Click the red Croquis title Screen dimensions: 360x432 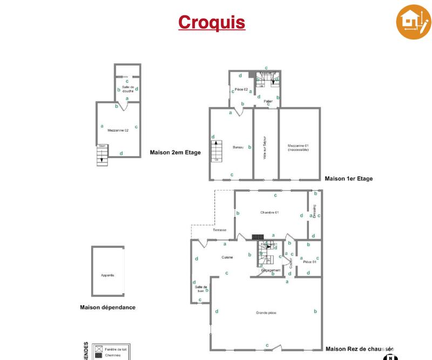pyautogui.click(x=212, y=23)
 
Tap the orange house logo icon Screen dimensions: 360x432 pyautogui.click(x=413, y=23)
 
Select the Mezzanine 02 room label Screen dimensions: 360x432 pyautogui.click(x=118, y=130)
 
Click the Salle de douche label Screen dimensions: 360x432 pyautogui.click(x=128, y=89)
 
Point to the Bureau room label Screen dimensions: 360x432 pyautogui.click(x=238, y=147)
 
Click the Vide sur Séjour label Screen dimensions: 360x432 pyautogui.click(x=265, y=147)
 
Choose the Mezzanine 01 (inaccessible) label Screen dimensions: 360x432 pyautogui.click(x=298, y=147)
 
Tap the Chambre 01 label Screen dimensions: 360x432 pyautogui.click(x=269, y=212)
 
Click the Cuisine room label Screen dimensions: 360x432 pyautogui.click(x=227, y=257)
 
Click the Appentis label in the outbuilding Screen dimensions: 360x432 pyautogui.click(x=107, y=275)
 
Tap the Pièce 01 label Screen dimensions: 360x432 pyautogui.click(x=309, y=262)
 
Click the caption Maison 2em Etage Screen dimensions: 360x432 pyautogui.click(x=175, y=153)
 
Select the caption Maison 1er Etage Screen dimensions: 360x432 pyautogui.click(x=348, y=179)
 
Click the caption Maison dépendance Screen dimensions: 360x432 pyautogui.click(x=107, y=308)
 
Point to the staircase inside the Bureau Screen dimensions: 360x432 pyautogui.click(x=217, y=151)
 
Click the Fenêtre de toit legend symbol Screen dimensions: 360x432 pyautogui.click(x=98, y=349)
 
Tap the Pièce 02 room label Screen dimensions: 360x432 pyautogui.click(x=241, y=89)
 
